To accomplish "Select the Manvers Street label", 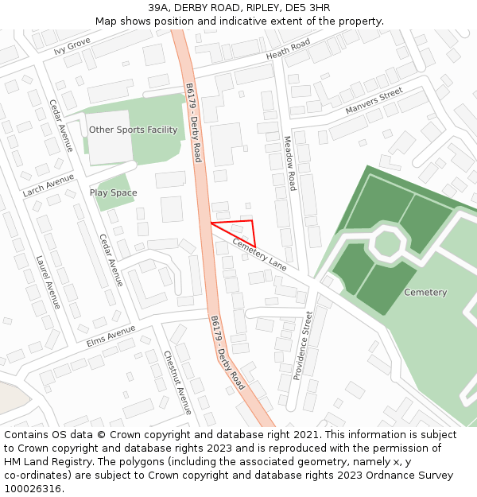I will click(x=374, y=102).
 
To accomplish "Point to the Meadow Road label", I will click(x=290, y=163).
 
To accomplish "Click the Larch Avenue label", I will click(x=48, y=184).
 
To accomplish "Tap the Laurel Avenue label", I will click(x=48, y=282).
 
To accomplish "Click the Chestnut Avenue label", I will click(x=178, y=382).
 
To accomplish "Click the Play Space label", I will click(x=113, y=192).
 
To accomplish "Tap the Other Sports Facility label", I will click(x=133, y=130).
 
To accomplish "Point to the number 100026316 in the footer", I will click(x=33, y=488).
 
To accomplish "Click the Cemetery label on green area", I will click(x=425, y=293).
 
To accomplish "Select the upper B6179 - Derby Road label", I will click(x=193, y=122).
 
